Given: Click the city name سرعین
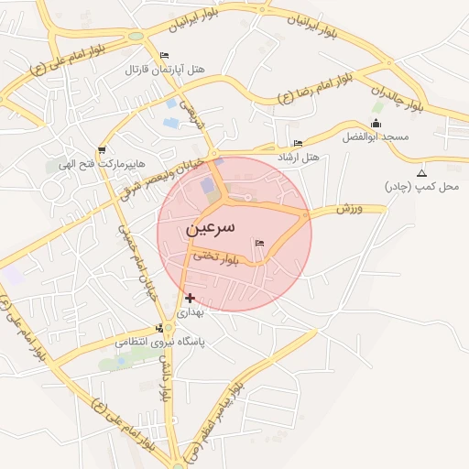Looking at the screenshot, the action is (212, 226).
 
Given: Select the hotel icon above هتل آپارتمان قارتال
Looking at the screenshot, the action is (164, 56).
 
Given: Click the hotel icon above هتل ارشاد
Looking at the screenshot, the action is (298, 143).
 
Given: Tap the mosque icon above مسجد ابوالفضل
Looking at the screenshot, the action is (376, 123).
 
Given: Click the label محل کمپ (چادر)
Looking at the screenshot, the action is (422, 187).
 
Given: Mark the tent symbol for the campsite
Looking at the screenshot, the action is (421, 173).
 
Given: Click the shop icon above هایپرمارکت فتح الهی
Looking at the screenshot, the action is (101, 150).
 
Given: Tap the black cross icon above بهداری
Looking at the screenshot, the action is (190, 298).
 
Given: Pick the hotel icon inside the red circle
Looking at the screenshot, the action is (259, 243).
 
